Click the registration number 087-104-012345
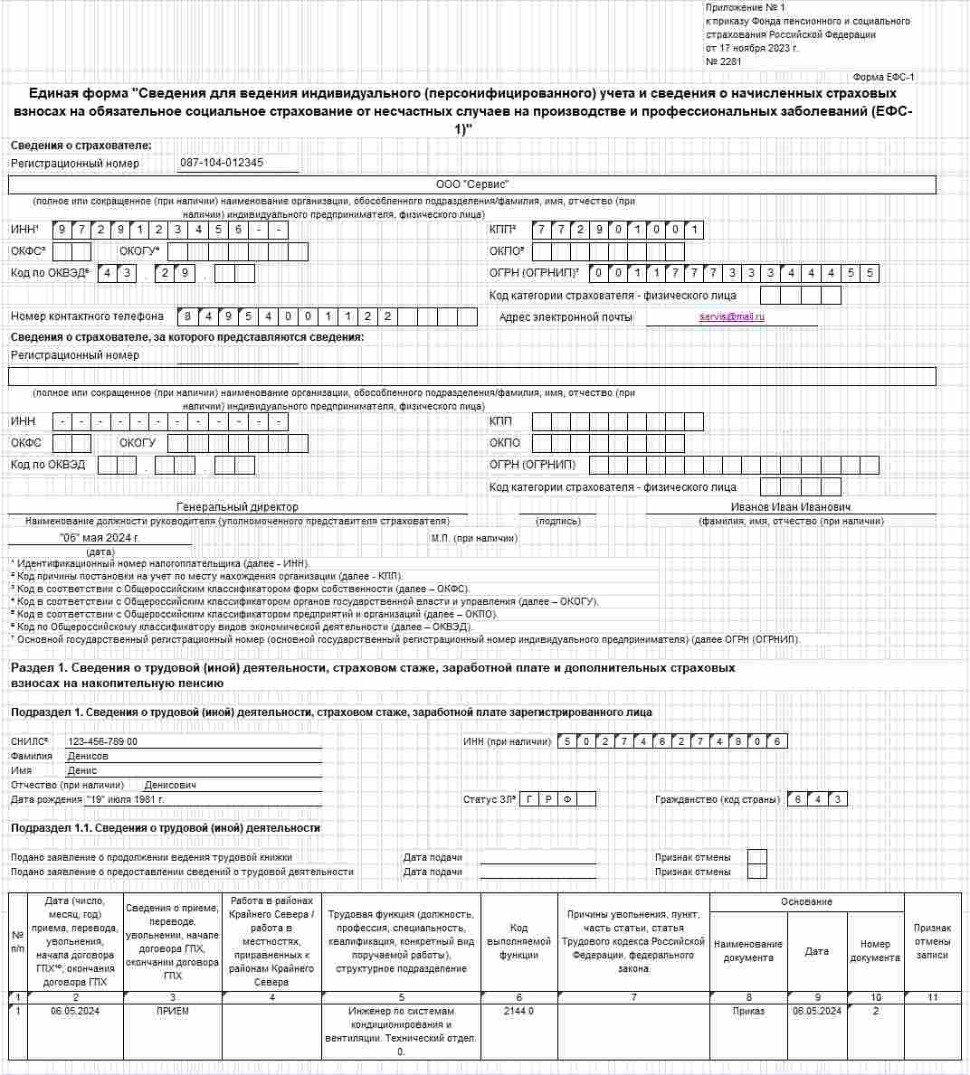coord(222,163)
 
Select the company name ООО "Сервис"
coord(472,184)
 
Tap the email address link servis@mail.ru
coord(732,316)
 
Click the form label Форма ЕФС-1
coord(884,78)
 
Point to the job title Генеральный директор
coord(237,507)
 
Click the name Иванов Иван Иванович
coord(791,507)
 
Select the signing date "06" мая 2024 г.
coord(100,537)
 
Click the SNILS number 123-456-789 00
coord(103,741)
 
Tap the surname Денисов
coord(88,756)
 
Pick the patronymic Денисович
coord(170,785)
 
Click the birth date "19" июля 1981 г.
coord(126,799)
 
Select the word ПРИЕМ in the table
coord(172,1011)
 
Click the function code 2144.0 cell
coord(518,1011)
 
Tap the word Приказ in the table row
coord(748,1011)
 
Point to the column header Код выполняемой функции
coord(518,941)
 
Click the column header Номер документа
coord(875,950)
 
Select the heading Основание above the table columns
coord(806,901)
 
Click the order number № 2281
coord(723,61)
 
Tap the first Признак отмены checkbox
coord(757,857)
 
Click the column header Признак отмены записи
coord(932,941)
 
